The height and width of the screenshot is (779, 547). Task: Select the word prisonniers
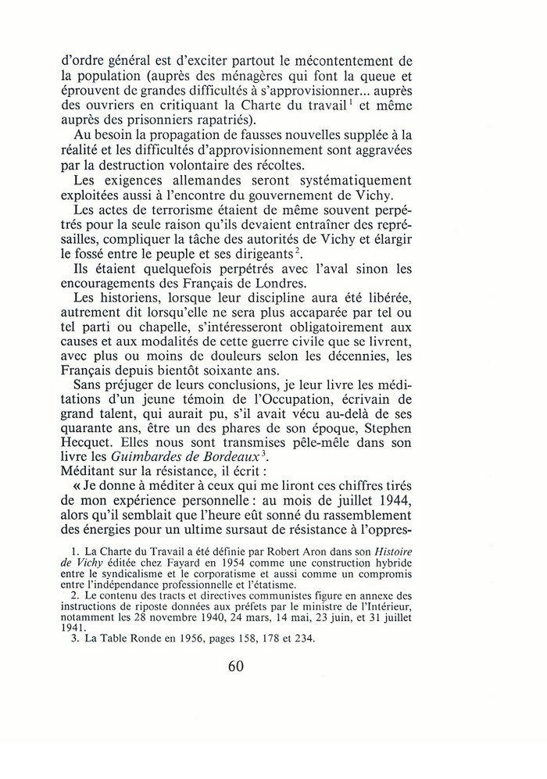pos(223,121)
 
